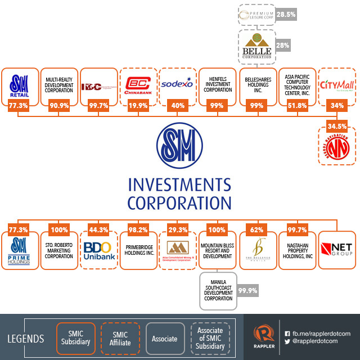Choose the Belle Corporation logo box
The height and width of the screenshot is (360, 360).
pyautogui.click(x=256, y=47)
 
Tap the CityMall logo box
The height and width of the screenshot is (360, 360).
pyautogui.click(x=336, y=85)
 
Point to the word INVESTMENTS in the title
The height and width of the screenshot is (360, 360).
pyautogui.click(x=179, y=185)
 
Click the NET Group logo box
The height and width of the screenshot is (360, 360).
pyautogui.click(x=336, y=247)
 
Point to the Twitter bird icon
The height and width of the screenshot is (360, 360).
pyautogui.click(x=287, y=341)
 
